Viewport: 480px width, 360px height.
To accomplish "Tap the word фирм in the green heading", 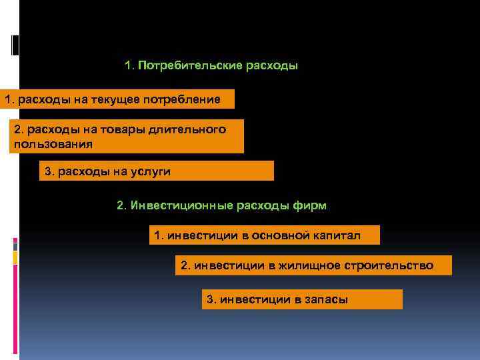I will click(x=310, y=205).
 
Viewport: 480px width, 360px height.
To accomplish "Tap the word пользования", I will click(x=53, y=143).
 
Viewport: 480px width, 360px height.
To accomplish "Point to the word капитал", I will click(x=337, y=235).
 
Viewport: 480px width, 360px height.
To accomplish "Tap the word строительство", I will click(x=389, y=266).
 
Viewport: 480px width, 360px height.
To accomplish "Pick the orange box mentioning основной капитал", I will click(x=264, y=235).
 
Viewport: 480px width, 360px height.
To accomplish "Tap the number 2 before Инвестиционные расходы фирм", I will click(x=121, y=205).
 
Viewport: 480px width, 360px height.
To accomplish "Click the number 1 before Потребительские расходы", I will click(x=128, y=67).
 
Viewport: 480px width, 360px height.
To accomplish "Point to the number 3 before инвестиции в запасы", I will click(x=211, y=300).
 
